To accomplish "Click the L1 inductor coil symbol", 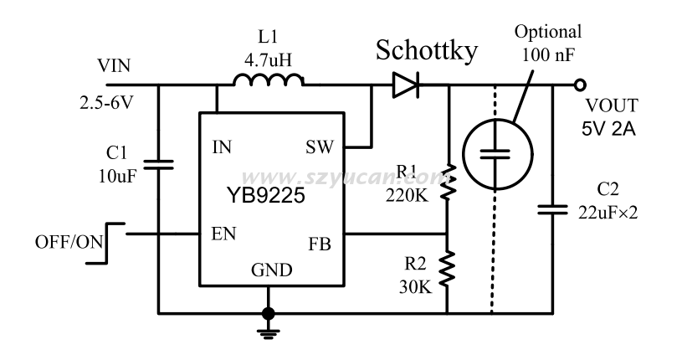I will click(268, 80).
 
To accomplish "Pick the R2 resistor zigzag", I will click(448, 270).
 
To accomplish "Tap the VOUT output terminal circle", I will click(578, 84).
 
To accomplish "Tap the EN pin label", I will click(222, 234).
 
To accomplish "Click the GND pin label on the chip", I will click(272, 270).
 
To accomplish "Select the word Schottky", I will click(427, 50).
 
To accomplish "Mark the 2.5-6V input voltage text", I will click(105, 107).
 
